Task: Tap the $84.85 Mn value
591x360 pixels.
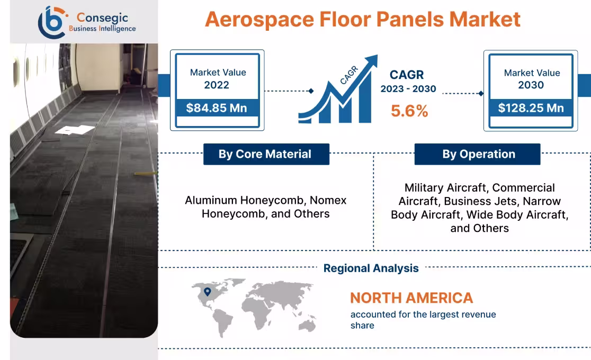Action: pyautogui.click(x=217, y=109)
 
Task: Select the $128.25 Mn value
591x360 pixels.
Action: pyautogui.click(x=531, y=109)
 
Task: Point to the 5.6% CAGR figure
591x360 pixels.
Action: pyautogui.click(x=409, y=111)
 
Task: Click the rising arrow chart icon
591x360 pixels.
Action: pyautogui.click(x=339, y=90)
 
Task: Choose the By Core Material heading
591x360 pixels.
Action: pyautogui.click(x=265, y=154)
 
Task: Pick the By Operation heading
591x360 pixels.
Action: pyautogui.click(x=478, y=154)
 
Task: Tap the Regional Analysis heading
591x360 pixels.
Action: pyautogui.click(x=371, y=268)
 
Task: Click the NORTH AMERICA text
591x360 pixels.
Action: pyautogui.click(x=411, y=298)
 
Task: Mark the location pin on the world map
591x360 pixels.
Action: pyautogui.click(x=208, y=291)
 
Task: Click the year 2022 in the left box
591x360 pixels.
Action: pyautogui.click(x=217, y=85)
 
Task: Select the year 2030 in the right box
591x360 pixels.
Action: pyautogui.click(x=531, y=85)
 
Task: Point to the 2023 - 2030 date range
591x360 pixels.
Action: pyautogui.click(x=408, y=89)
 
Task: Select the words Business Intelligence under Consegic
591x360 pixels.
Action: pyautogui.click(x=102, y=29)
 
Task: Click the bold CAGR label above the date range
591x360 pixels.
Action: pyautogui.click(x=407, y=75)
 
